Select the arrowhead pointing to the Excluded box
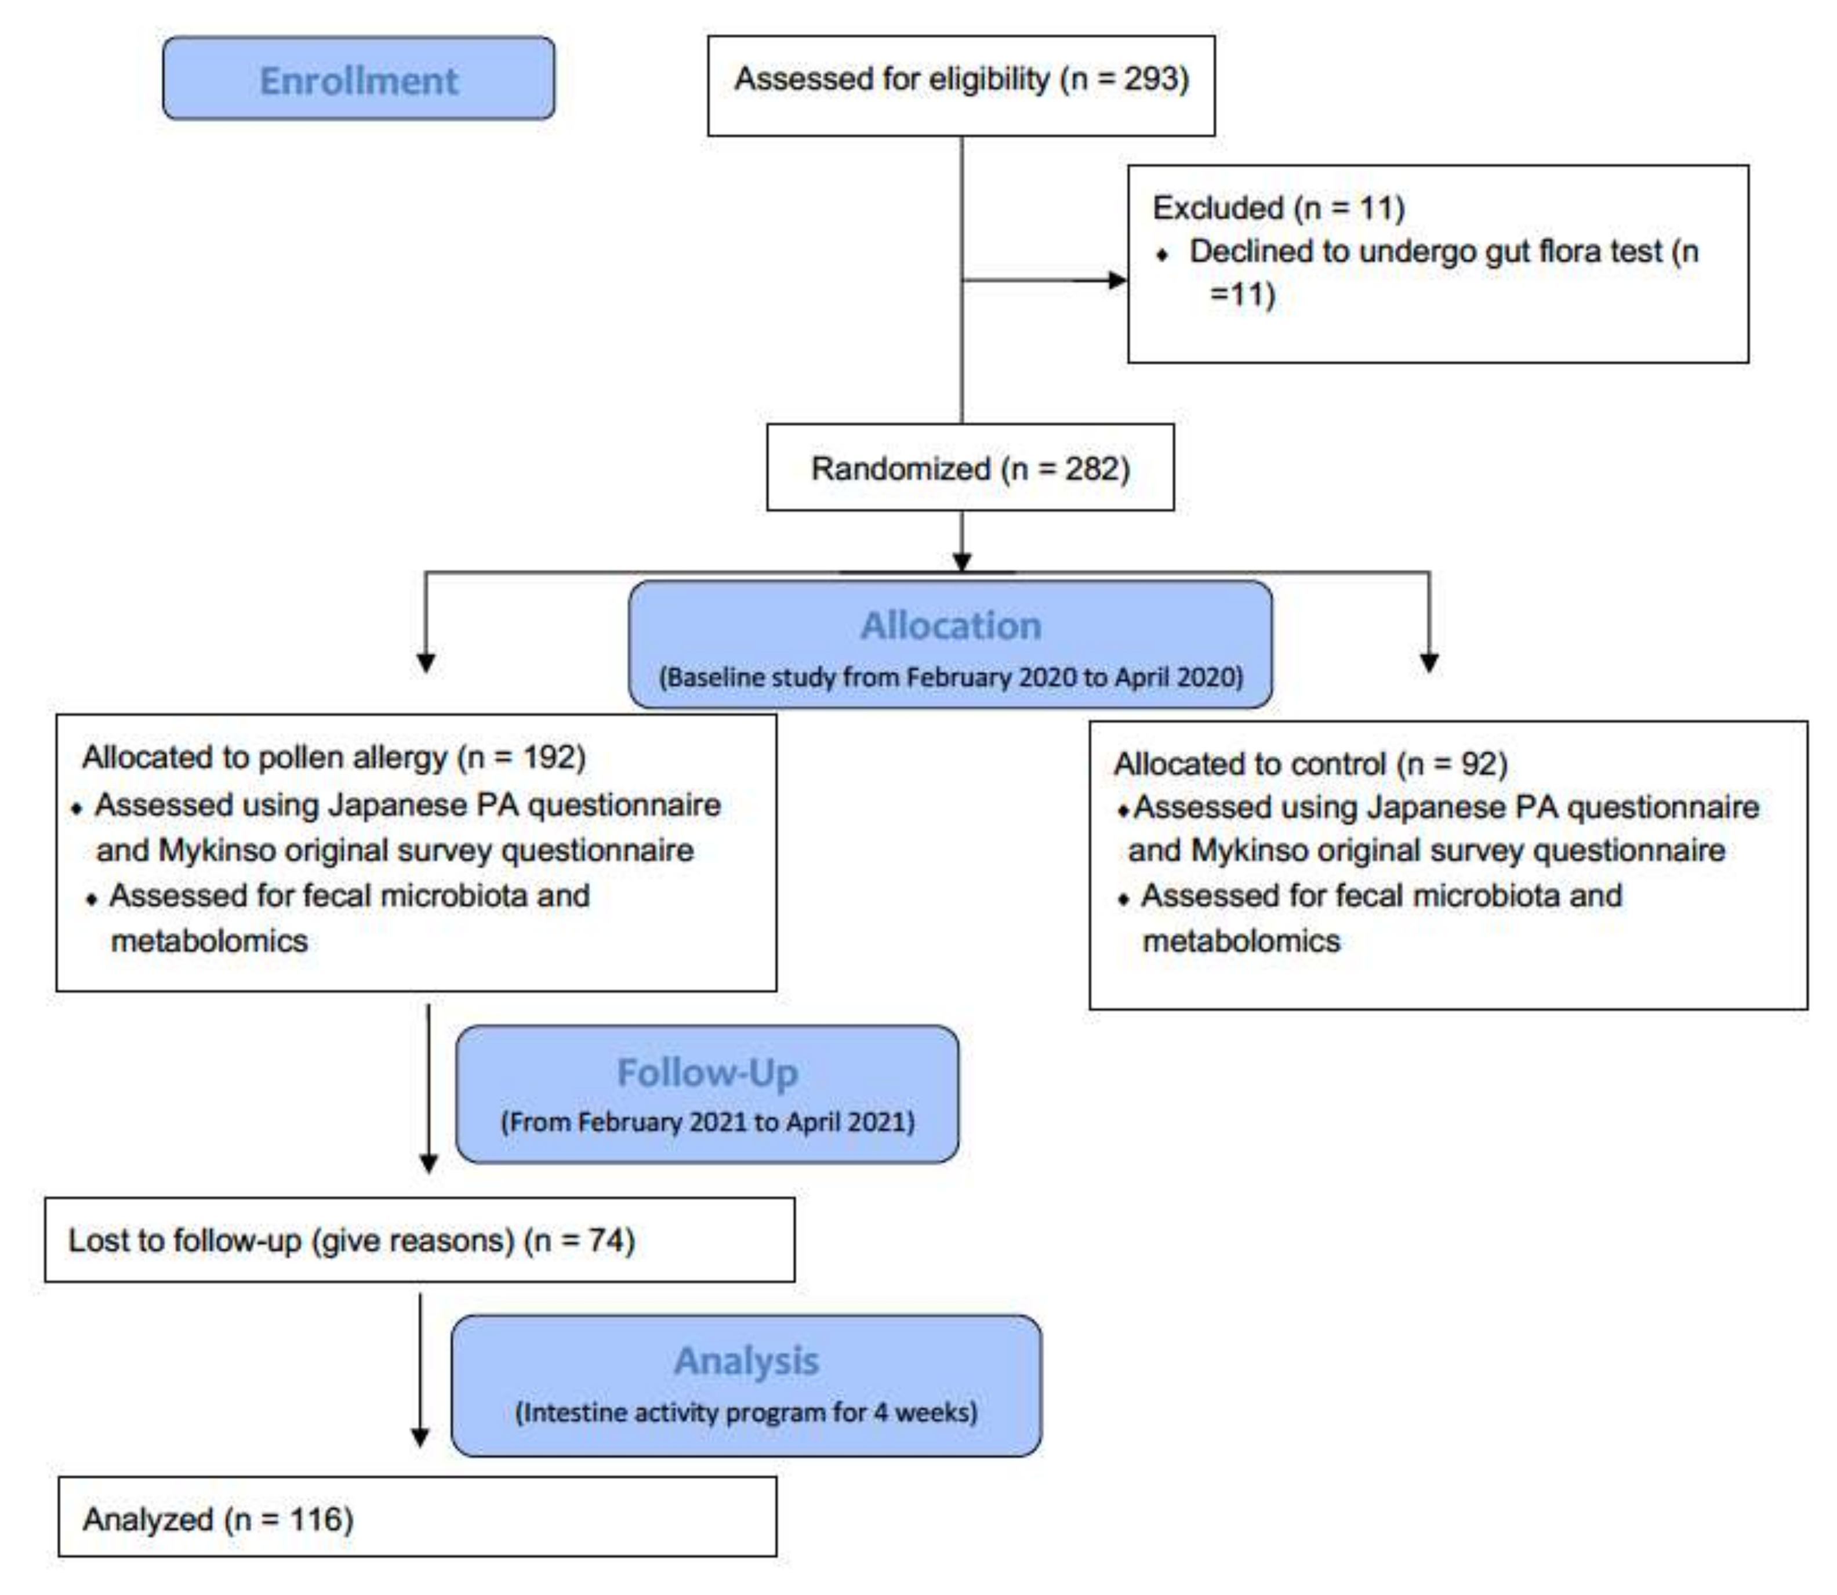[1116, 280]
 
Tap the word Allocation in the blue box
[950, 626]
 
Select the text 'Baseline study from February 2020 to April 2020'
[950, 677]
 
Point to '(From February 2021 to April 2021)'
[707, 1122]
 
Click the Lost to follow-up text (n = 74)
[351, 1240]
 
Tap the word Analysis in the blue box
[746, 1361]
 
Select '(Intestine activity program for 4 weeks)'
[746, 1412]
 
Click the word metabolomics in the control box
[1241, 941]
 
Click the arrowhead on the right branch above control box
[1428, 663]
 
